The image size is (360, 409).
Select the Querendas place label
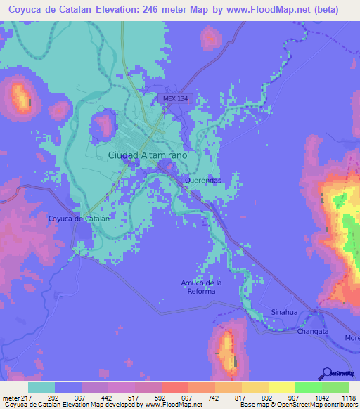[203, 181]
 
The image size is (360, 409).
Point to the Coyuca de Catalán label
[79, 219]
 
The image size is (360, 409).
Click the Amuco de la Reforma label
[201, 287]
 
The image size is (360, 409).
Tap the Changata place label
[312, 330]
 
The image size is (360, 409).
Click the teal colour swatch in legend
[41, 387]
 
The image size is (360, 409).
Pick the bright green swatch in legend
[308, 387]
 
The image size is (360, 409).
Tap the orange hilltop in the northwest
[20, 96]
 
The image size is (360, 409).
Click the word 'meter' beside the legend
[9, 398]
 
